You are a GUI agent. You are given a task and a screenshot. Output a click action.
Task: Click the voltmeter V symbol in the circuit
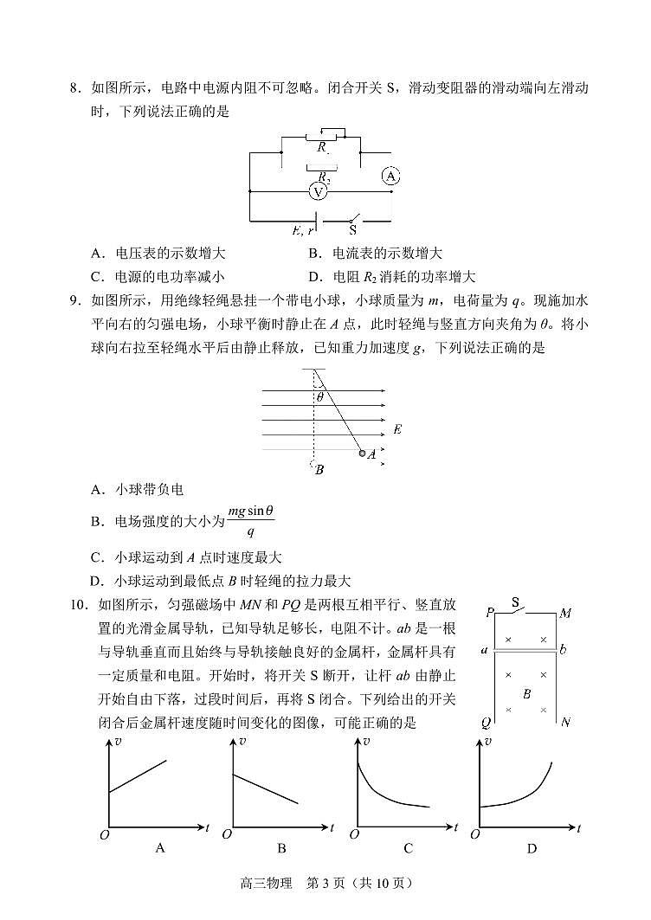point(319,191)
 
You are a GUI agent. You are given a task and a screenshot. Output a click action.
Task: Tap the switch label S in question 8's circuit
point(352,230)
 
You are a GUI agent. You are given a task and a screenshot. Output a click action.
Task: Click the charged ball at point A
point(363,453)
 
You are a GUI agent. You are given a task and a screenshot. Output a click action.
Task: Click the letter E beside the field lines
point(396,429)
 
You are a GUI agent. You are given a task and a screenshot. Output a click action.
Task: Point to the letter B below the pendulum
point(319,470)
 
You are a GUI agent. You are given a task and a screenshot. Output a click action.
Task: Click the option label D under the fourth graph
point(532,849)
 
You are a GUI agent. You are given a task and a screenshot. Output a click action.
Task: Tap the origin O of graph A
point(103,833)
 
